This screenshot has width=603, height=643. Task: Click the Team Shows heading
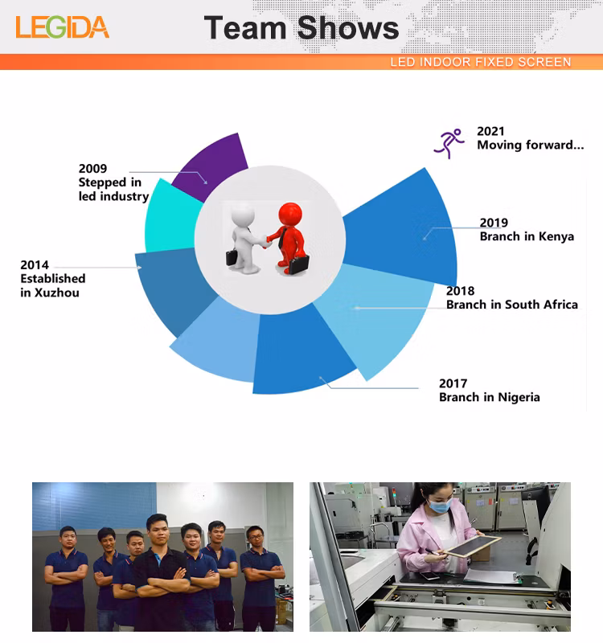click(x=301, y=28)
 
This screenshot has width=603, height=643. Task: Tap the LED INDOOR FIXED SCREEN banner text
click(x=481, y=62)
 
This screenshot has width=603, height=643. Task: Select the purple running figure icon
click(x=449, y=143)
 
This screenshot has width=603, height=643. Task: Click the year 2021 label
click(x=491, y=131)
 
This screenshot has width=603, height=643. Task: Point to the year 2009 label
click(x=92, y=169)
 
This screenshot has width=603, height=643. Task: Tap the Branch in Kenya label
click(x=527, y=236)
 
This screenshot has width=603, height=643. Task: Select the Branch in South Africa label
click(x=511, y=305)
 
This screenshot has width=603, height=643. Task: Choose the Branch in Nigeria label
click(x=489, y=397)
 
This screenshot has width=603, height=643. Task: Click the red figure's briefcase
click(x=298, y=264)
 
